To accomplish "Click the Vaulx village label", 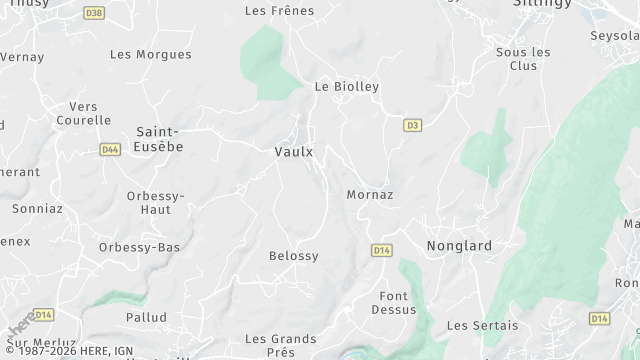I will pos(293,152).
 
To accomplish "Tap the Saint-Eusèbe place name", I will pos(159,139).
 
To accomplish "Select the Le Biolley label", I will pos(347,87).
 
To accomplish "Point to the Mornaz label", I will pos(369,194).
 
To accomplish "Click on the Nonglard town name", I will pos(459,246).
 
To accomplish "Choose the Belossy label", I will pos(293,256).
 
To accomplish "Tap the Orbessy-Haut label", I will pos(155,202).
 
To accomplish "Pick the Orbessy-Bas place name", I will pos(139,247).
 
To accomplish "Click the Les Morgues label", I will pos(150,54).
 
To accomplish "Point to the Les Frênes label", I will pos(279,11).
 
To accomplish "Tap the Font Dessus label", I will pos(397,302).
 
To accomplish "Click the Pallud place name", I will pos(146,317).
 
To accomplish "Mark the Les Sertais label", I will pos(482,325).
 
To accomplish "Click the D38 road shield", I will pos(94,13).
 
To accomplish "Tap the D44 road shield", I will pos(110,149).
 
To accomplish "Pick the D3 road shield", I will pos(411,125).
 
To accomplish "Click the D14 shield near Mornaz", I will pos(381,250).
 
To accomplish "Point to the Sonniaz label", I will pos(37,209).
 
